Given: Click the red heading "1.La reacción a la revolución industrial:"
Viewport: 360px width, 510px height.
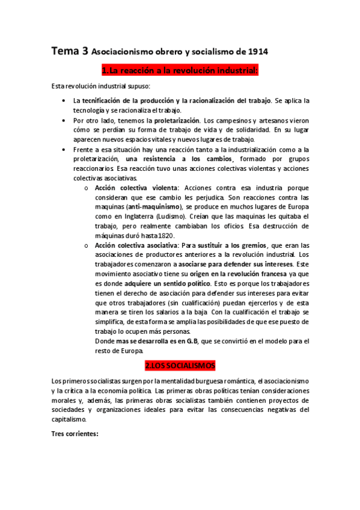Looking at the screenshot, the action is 180,72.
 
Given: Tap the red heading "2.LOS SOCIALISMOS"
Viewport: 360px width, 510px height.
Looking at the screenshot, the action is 180,366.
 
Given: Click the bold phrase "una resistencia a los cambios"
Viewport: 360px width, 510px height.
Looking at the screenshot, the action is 179,159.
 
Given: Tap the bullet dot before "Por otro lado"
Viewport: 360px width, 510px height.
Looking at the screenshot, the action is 64,120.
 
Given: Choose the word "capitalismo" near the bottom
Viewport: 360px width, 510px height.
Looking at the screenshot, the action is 69,419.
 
